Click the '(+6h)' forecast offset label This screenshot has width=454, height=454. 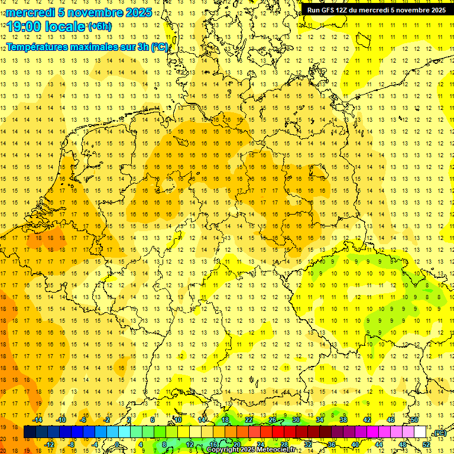(x=99, y=27)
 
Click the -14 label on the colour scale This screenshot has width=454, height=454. (x=38, y=420)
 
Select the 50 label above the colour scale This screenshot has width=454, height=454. (x=414, y=420)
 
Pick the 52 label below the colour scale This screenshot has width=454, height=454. (x=426, y=445)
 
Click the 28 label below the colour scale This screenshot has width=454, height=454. (x=284, y=445)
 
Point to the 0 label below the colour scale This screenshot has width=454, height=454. (x=117, y=445)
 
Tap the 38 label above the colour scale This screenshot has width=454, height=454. (x=343, y=420)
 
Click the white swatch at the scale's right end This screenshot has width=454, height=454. (x=420, y=432)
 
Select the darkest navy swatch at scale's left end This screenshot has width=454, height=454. (x=30, y=432)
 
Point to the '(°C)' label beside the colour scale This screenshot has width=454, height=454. (x=439, y=433)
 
